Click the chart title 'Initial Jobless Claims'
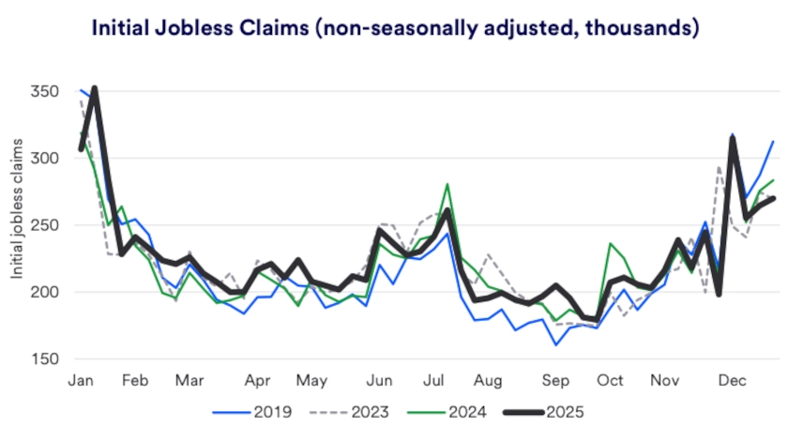394,28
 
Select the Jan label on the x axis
81,380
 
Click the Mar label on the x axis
190,380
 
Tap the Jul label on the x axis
433,380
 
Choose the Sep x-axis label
556,380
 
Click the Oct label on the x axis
611,380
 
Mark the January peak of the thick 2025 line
94,88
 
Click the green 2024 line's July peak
447,185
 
